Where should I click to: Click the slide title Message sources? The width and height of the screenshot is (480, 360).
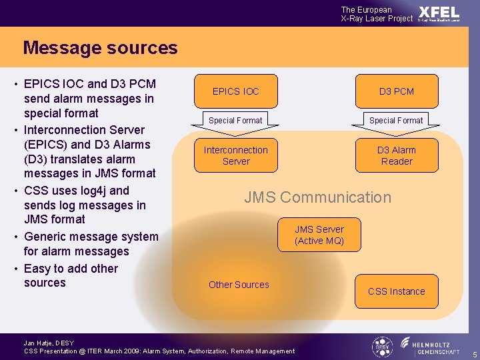[x=100, y=48]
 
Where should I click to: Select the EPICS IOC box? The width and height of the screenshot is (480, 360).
[x=235, y=91]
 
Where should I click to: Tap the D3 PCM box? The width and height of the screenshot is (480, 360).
[x=396, y=91]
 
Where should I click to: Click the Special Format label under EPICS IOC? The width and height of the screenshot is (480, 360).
[x=235, y=121]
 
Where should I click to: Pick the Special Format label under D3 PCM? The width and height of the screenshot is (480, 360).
[x=396, y=121]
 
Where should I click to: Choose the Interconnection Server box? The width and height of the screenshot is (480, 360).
[x=235, y=155]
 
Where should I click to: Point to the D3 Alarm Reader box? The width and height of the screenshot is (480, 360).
[x=397, y=155]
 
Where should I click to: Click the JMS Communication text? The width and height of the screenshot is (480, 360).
[x=317, y=197]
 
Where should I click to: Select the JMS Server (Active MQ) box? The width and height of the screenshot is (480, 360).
[x=319, y=235]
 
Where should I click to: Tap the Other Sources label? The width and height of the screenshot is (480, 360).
[x=239, y=285]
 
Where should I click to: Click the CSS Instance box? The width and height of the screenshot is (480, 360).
[x=396, y=291]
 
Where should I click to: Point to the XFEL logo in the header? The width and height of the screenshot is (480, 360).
[x=439, y=13]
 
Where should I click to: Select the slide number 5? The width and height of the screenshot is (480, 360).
[x=474, y=354]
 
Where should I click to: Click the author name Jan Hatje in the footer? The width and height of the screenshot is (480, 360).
[x=39, y=343]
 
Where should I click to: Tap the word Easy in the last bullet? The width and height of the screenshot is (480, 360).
[x=37, y=269]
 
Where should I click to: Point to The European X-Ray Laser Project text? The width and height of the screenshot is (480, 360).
[x=377, y=14]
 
